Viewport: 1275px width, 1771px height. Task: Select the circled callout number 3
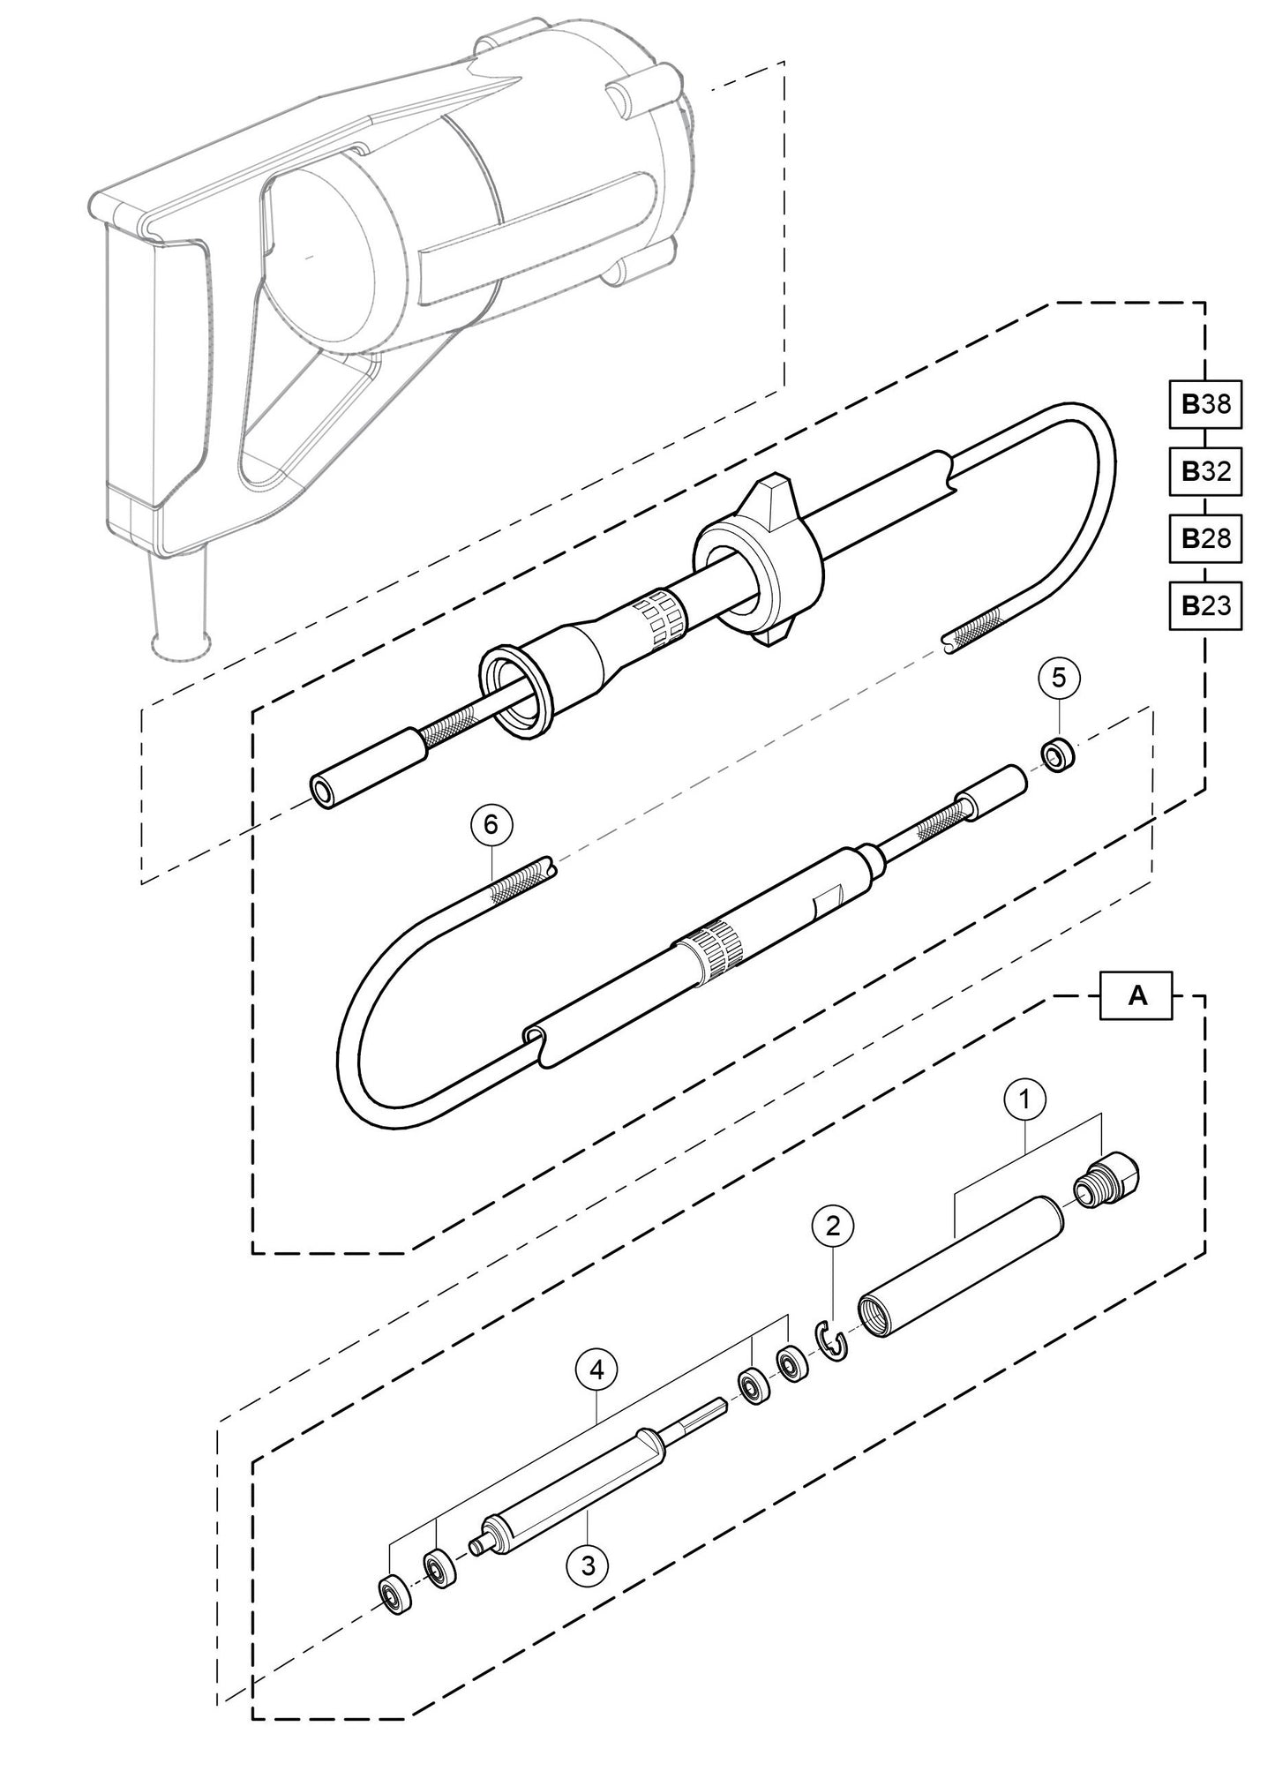pyautogui.click(x=589, y=1566)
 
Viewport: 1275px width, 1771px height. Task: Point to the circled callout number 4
pyautogui.click(x=597, y=1370)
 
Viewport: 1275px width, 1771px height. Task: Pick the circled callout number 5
pyautogui.click(x=1060, y=679)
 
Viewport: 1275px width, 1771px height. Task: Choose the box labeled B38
pyautogui.click(x=1205, y=405)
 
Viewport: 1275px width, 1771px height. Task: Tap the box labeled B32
pyautogui.click(x=1205, y=471)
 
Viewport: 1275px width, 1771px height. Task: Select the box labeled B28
pyautogui.click(x=1205, y=538)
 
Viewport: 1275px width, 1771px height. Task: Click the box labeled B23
pyautogui.click(x=1205, y=605)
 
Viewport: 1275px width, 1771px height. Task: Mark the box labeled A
pyautogui.click(x=1138, y=996)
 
